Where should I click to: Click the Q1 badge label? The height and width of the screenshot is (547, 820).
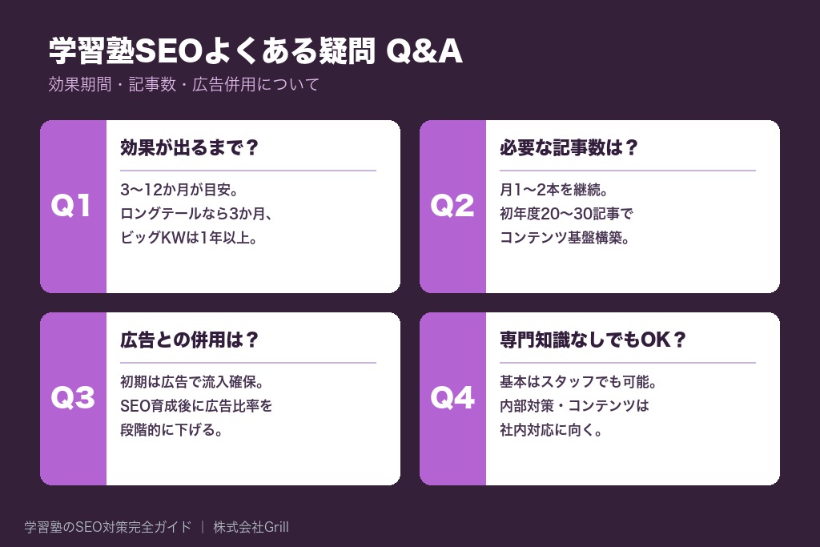point(73,207)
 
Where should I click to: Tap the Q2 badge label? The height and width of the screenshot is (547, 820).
point(452,207)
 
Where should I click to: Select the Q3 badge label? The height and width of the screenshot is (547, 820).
point(73,399)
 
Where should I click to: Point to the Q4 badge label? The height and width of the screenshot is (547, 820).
point(452,399)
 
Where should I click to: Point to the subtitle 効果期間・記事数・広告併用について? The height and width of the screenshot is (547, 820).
point(183,84)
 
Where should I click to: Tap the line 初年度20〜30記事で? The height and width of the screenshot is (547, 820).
point(566,215)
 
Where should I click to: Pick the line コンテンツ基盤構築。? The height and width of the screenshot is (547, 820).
point(565,238)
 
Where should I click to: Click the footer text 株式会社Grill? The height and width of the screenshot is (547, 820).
point(251,527)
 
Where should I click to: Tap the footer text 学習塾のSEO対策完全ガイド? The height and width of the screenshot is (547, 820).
point(108,527)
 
